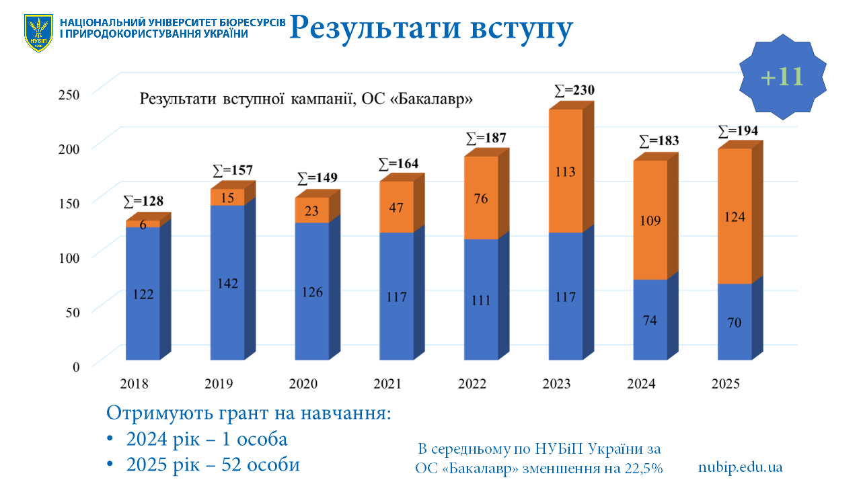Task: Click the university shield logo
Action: coord(38,33)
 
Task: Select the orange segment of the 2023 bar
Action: coord(565,171)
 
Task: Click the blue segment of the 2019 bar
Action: coord(227,282)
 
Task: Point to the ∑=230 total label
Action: coord(574,90)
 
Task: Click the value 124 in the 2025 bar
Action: coord(735,216)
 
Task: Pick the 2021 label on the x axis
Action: coord(387,385)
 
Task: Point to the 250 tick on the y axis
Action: coord(68,93)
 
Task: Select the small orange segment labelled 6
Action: coord(143,225)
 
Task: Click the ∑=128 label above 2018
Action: coord(143,200)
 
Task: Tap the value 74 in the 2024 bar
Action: coord(650,321)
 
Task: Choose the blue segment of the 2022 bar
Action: coord(481,299)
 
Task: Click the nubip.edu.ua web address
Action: coord(740,467)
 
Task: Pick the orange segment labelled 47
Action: coord(396,207)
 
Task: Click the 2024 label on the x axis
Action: coord(641,385)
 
